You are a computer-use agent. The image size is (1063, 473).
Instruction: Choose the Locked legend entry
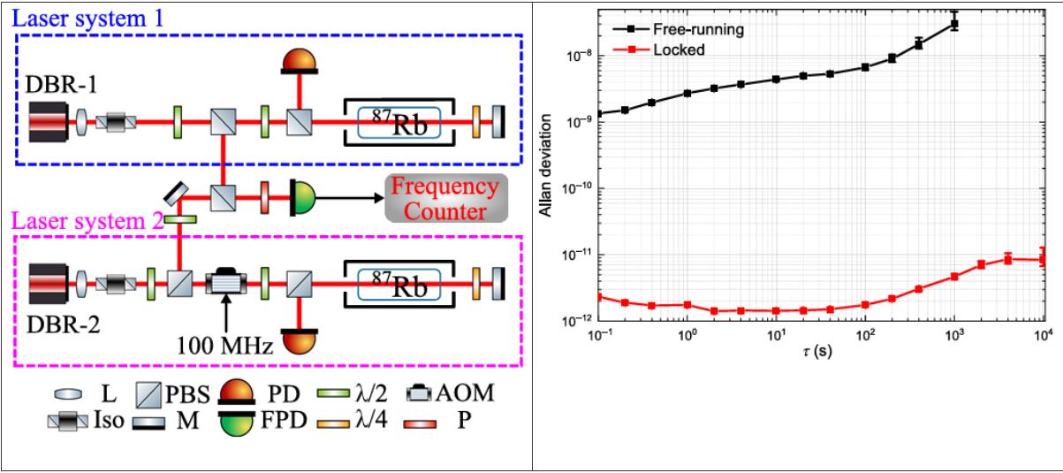pyautogui.click(x=671, y=50)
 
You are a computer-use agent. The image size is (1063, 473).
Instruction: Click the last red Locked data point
pyautogui.click(x=1044, y=260)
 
